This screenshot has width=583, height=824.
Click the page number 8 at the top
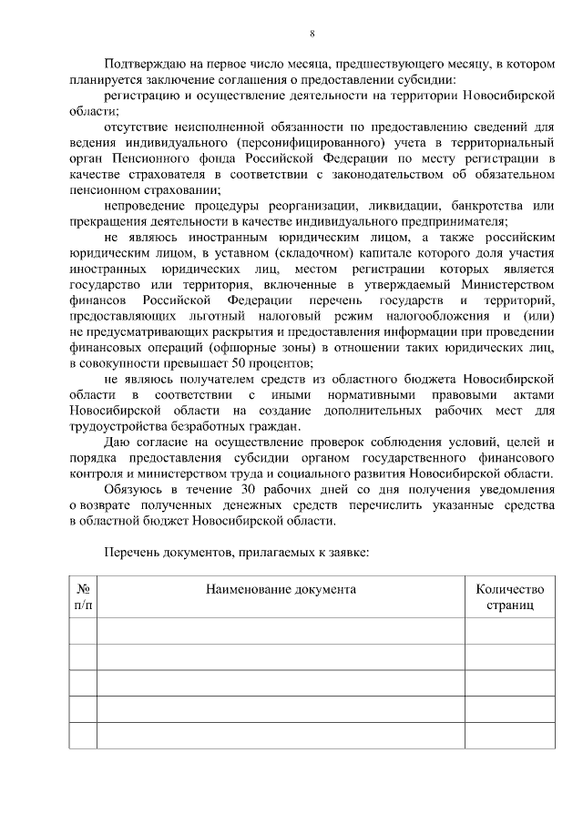tap(312, 34)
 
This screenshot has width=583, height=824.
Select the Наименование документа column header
tap(280, 589)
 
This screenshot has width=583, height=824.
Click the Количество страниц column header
tap(509, 596)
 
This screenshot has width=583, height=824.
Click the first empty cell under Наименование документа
tap(280, 631)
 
